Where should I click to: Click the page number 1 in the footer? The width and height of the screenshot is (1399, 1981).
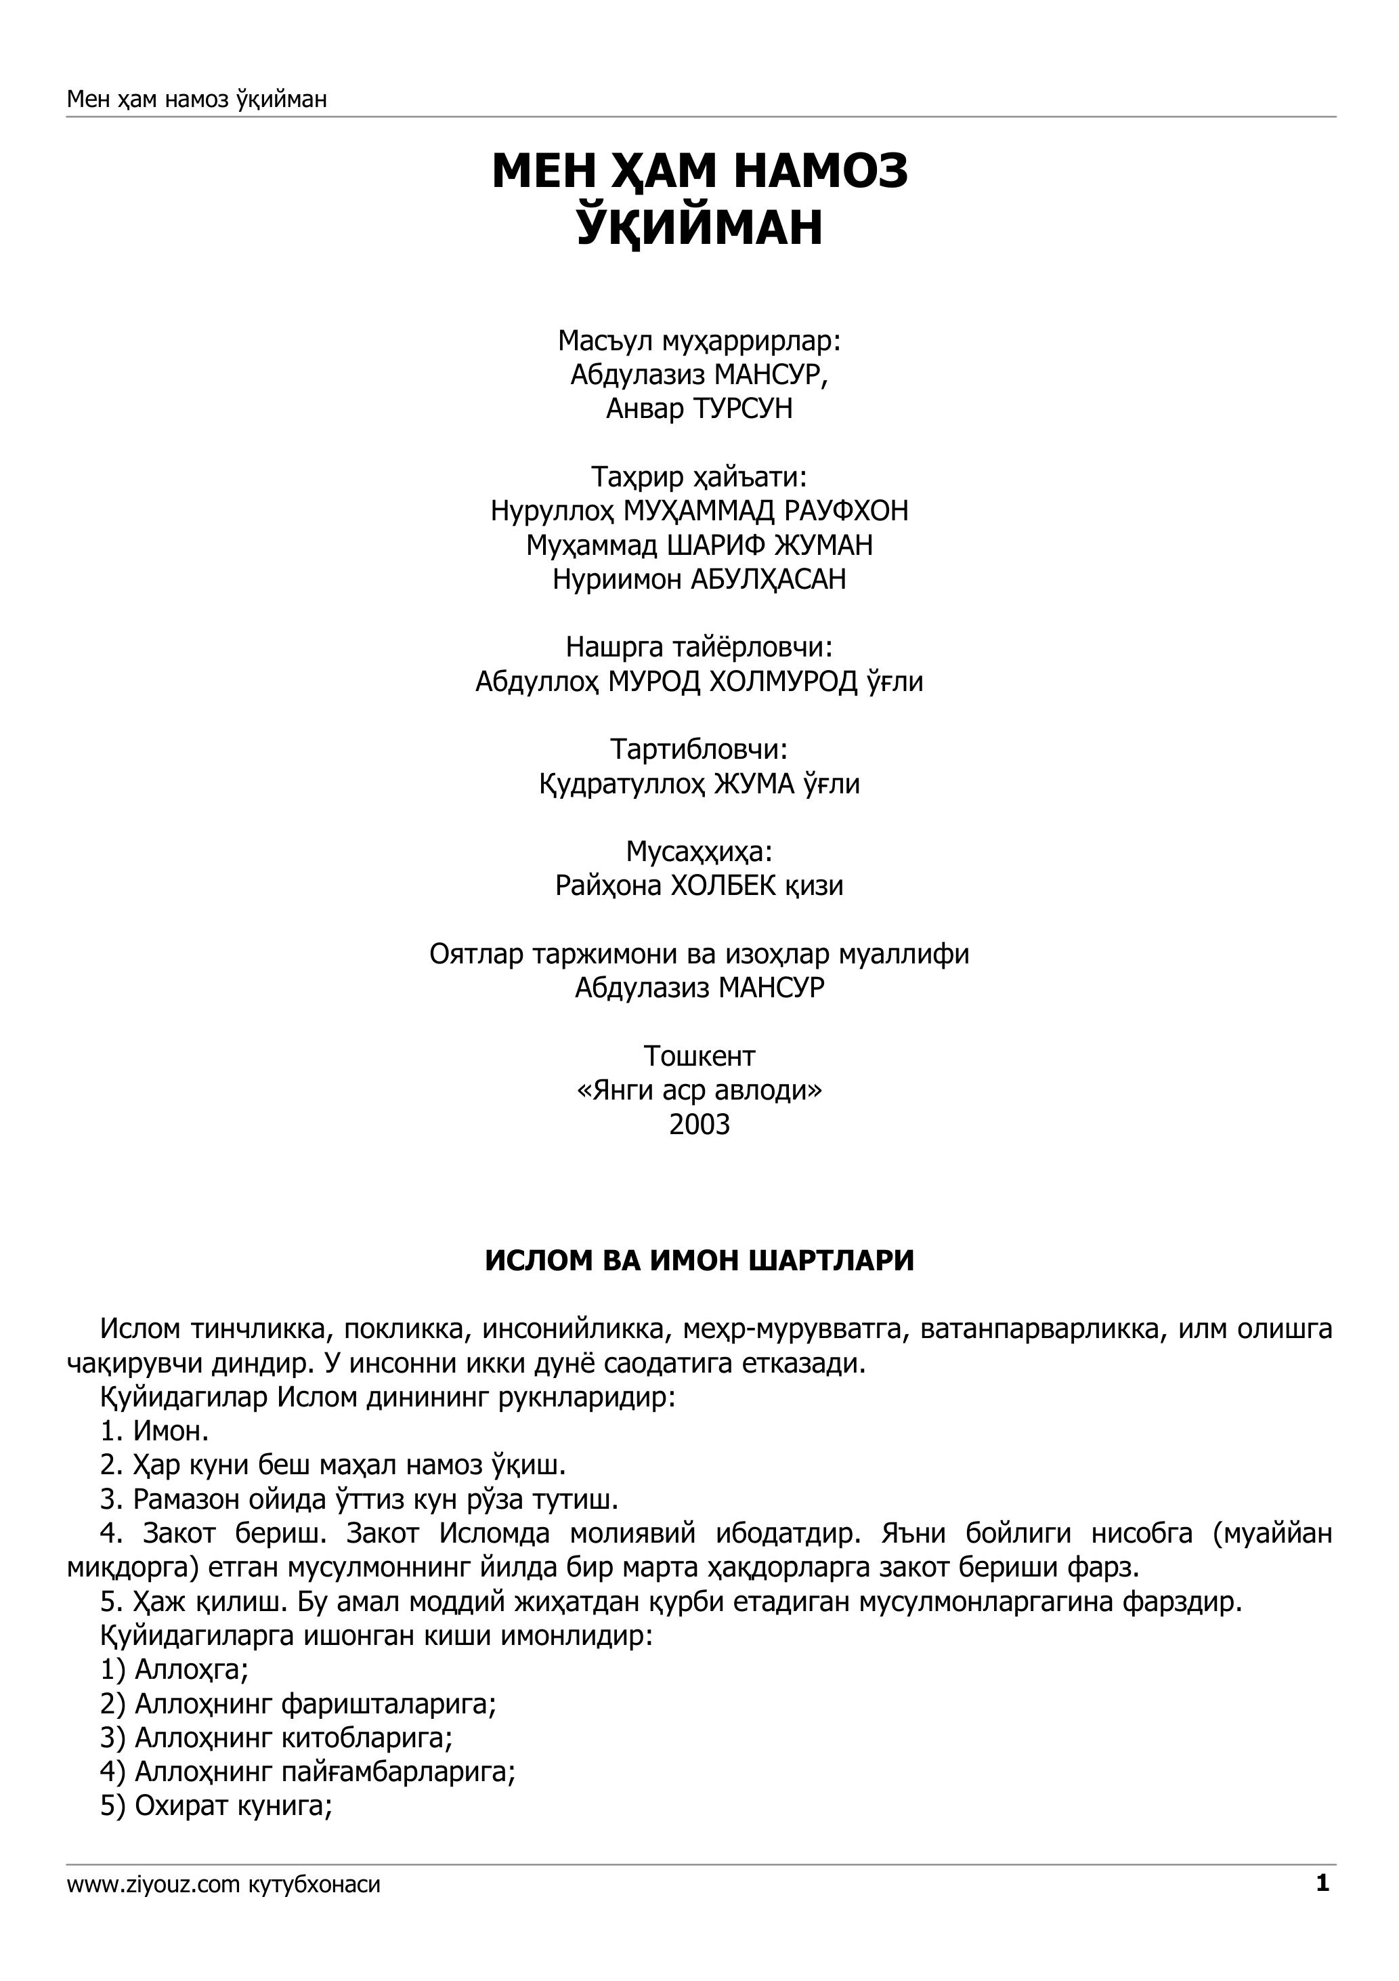(1322, 1908)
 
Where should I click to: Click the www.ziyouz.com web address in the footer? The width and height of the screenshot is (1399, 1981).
(152, 1909)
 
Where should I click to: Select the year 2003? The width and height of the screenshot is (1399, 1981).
(699, 1124)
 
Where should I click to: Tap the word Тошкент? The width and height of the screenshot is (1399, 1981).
(699, 1056)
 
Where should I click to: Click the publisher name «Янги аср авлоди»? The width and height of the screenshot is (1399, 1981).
(699, 1091)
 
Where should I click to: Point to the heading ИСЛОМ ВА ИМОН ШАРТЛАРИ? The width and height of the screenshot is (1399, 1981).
(699, 1261)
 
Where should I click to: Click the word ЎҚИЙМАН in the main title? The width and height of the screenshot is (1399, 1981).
(699, 227)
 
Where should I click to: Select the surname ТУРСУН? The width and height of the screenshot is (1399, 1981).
(743, 408)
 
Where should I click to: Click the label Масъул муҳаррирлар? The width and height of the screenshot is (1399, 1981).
(699, 341)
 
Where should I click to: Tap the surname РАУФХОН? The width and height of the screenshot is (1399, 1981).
(846, 511)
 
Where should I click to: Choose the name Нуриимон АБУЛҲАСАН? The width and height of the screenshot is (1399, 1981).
(699, 579)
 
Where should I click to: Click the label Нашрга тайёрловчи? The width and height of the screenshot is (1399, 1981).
(699, 647)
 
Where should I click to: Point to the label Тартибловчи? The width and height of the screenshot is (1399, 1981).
(699, 749)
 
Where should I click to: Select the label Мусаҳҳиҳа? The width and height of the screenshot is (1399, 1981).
(699, 852)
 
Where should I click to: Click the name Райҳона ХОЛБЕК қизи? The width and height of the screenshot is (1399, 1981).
(699, 886)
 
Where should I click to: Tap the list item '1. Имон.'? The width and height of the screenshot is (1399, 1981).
(154, 1432)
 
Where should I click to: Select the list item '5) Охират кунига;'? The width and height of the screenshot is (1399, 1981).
(217, 1806)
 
